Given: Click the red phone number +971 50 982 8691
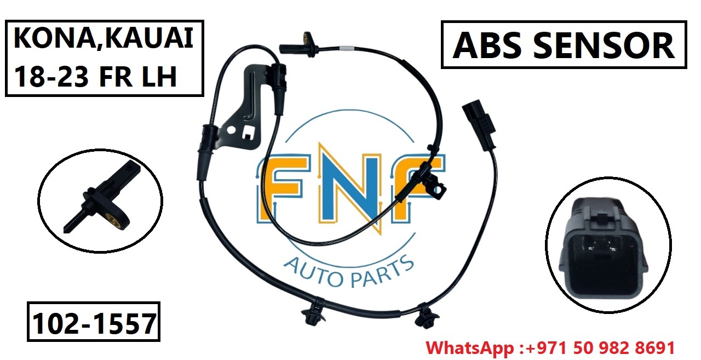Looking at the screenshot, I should click(x=601, y=347).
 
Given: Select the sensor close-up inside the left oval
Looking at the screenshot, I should click(x=101, y=201).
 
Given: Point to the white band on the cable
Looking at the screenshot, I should click(x=344, y=49).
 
